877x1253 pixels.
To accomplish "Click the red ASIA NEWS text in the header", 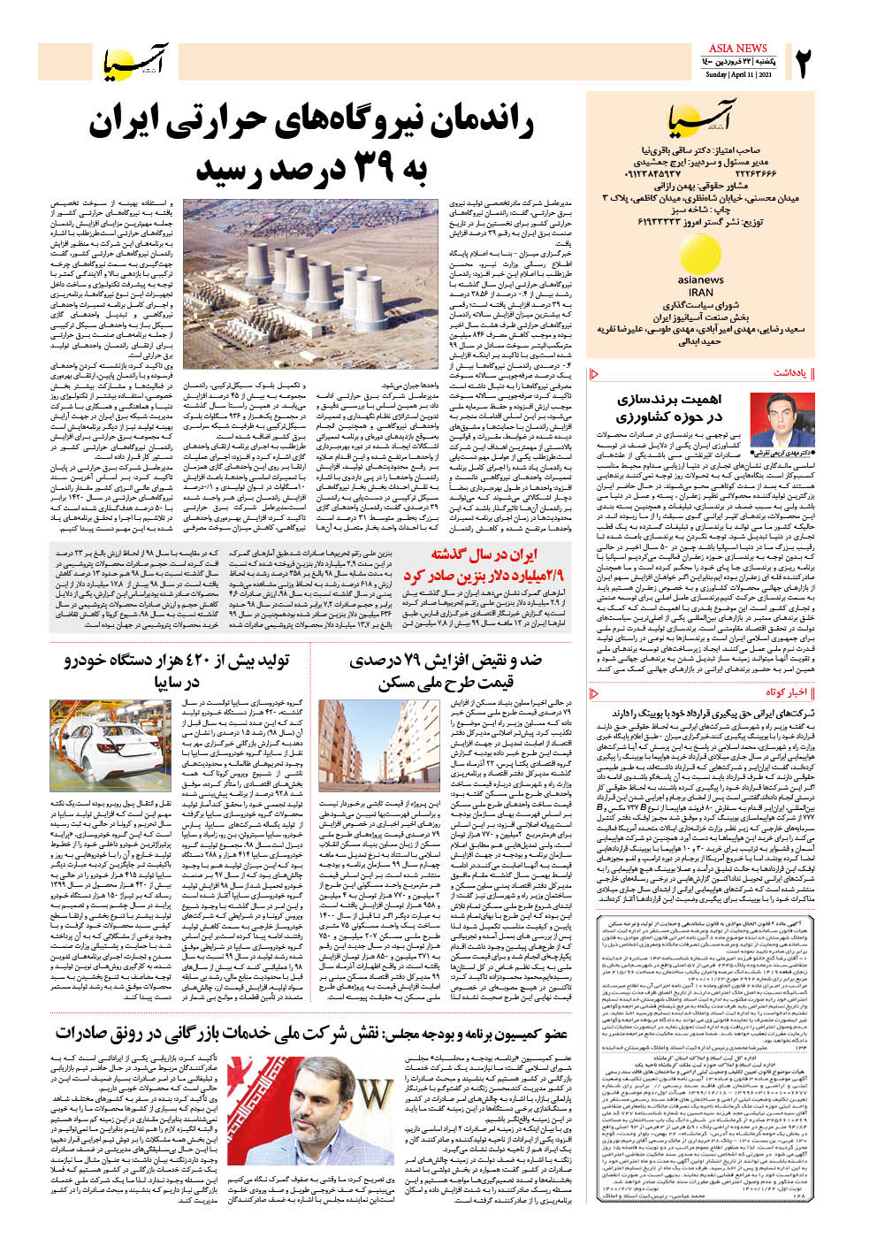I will tap(738, 48).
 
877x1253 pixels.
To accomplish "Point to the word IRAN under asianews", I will tap(700, 293).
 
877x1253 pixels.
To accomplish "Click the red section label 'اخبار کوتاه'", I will tap(787, 692).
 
